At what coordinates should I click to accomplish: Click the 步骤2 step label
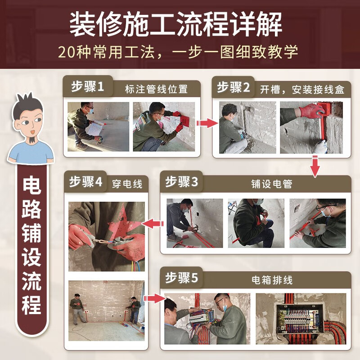(233, 87)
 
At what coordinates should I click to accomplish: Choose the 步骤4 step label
(85, 182)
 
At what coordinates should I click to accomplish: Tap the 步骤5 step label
(181, 278)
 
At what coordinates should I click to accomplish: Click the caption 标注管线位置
(156, 89)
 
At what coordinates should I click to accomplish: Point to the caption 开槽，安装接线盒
(302, 89)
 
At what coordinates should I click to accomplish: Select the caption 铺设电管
(271, 184)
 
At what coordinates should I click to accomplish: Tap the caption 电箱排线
(272, 280)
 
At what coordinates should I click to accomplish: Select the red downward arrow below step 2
(315, 166)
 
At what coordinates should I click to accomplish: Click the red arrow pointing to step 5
(154, 298)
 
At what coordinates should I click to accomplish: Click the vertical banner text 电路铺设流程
(31, 245)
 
